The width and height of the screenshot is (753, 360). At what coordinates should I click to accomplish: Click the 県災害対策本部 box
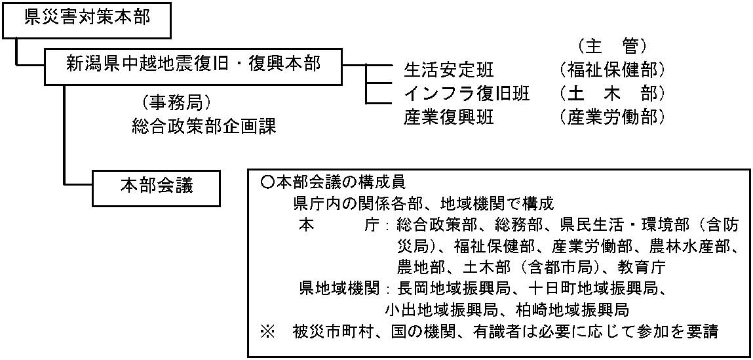click(x=87, y=20)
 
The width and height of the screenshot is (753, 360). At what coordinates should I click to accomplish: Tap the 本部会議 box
click(x=157, y=186)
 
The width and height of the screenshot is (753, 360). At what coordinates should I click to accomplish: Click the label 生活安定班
click(x=449, y=71)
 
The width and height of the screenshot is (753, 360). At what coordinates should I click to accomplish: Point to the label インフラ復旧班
click(x=467, y=94)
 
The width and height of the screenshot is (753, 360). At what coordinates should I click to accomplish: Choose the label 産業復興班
click(x=449, y=117)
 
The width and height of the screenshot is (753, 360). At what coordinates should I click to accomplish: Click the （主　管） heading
click(x=610, y=47)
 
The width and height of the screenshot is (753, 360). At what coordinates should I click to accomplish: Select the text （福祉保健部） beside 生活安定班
click(x=611, y=71)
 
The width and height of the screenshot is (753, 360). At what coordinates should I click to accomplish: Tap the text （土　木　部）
click(x=611, y=94)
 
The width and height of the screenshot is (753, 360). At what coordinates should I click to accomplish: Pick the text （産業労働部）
click(x=611, y=117)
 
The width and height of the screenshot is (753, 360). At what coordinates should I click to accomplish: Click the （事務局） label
click(x=174, y=102)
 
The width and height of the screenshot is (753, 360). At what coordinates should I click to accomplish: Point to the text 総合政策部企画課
click(x=204, y=126)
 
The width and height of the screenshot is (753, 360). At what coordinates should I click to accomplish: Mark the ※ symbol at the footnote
click(x=266, y=331)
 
